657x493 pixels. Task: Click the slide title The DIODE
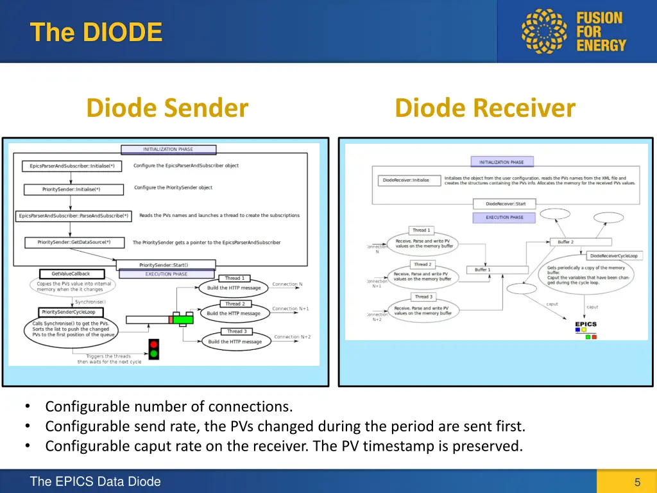click(x=96, y=31)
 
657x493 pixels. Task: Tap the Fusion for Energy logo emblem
click(x=545, y=31)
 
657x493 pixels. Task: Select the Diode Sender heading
click(x=167, y=108)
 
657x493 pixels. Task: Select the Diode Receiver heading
click(x=485, y=108)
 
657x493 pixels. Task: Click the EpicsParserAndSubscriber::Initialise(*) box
click(x=72, y=166)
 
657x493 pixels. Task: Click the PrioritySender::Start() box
click(x=164, y=264)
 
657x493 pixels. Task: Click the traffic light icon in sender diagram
click(x=153, y=349)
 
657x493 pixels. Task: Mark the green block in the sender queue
click(x=183, y=319)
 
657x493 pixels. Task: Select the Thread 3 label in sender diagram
click(x=236, y=331)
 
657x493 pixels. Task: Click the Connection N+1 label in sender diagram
click(x=290, y=309)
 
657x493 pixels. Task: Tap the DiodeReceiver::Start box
click(x=506, y=204)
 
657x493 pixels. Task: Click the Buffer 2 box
click(x=565, y=242)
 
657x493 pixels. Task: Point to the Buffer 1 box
click(x=482, y=270)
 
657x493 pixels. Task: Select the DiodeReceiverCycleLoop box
click(x=613, y=255)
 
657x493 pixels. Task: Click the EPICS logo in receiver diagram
click(x=585, y=328)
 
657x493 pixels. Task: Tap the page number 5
click(x=637, y=482)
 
